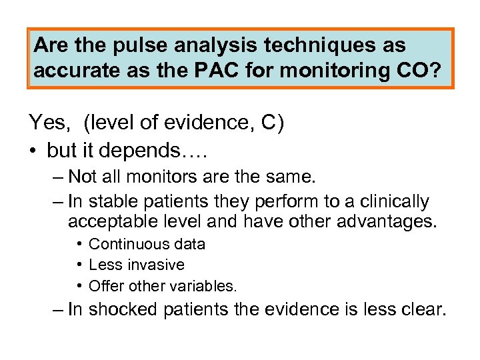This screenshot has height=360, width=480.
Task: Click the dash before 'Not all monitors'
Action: (58, 177)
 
